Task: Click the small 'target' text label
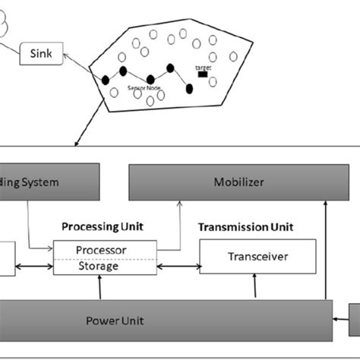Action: tap(203, 68)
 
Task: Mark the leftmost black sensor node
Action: tap(106, 80)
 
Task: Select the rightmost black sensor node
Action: tap(189, 89)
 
